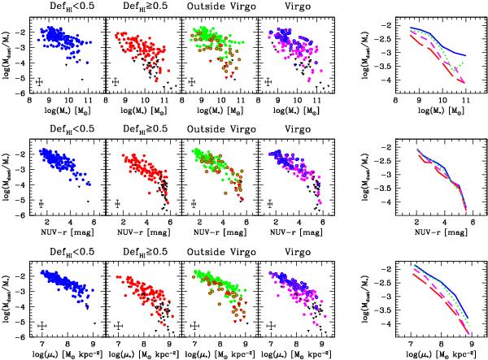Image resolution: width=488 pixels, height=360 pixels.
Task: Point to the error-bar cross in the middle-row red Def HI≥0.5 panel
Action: point(119,204)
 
